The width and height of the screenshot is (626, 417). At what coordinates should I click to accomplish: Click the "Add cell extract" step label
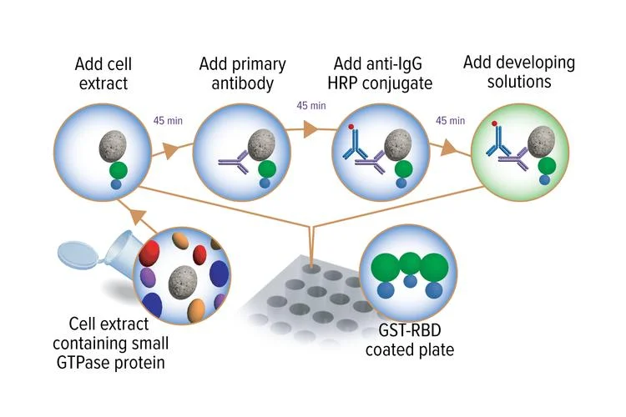click(x=103, y=74)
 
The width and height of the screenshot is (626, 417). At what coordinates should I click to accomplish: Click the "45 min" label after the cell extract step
click(x=168, y=120)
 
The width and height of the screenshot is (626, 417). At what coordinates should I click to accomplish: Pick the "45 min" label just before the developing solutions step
click(x=451, y=120)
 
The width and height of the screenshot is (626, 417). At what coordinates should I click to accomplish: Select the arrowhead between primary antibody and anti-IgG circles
click(x=310, y=129)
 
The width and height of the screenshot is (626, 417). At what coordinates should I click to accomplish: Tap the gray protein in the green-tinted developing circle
click(x=542, y=139)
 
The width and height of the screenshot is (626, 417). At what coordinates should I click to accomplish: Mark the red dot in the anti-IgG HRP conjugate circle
click(x=351, y=127)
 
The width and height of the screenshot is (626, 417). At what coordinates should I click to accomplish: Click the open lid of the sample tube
click(x=78, y=254)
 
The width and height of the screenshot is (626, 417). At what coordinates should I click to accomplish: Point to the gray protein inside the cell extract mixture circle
click(x=183, y=279)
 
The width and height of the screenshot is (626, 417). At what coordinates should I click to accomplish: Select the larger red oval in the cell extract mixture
click(x=149, y=254)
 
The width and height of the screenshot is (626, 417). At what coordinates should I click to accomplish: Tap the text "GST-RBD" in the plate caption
click(x=409, y=330)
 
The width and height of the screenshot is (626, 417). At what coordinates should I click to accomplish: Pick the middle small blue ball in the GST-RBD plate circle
click(x=410, y=281)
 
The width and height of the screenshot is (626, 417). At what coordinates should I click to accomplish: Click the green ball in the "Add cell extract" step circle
click(x=119, y=170)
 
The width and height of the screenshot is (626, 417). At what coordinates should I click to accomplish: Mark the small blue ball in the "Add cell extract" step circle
click(x=115, y=184)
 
